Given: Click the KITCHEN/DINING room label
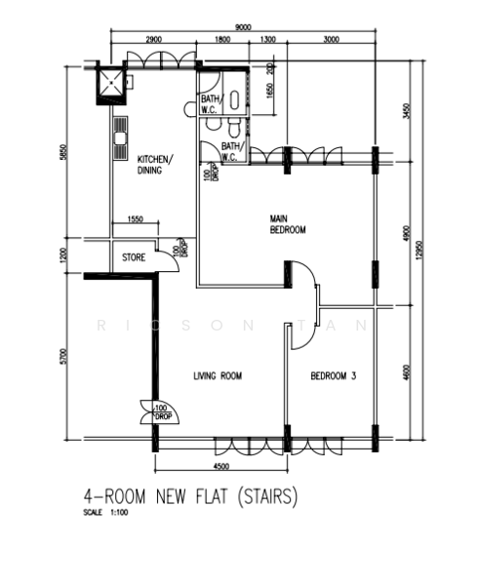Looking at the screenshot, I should point(155,164).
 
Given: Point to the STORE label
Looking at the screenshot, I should point(134,258).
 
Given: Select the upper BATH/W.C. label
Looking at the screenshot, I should point(211,103).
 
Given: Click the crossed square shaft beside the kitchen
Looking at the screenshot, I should point(113,85).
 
